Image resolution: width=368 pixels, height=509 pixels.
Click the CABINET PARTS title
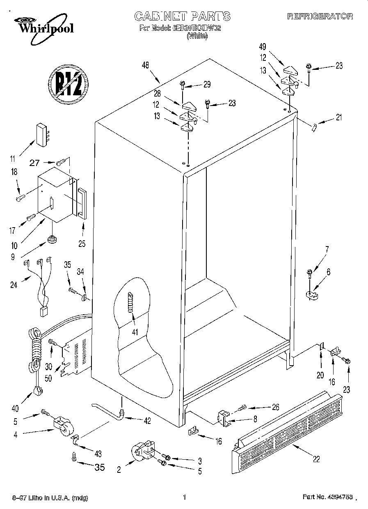click(x=183, y=16)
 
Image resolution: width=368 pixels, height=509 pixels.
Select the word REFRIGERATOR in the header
click(x=320, y=16)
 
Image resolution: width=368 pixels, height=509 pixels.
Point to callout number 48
click(x=145, y=64)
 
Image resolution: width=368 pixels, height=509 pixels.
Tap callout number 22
click(x=316, y=459)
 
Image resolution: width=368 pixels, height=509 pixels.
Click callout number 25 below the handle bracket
click(x=82, y=244)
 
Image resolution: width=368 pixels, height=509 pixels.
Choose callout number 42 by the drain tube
click(x=147, y=420)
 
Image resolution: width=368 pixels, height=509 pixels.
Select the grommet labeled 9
click(x=52, y=239)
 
